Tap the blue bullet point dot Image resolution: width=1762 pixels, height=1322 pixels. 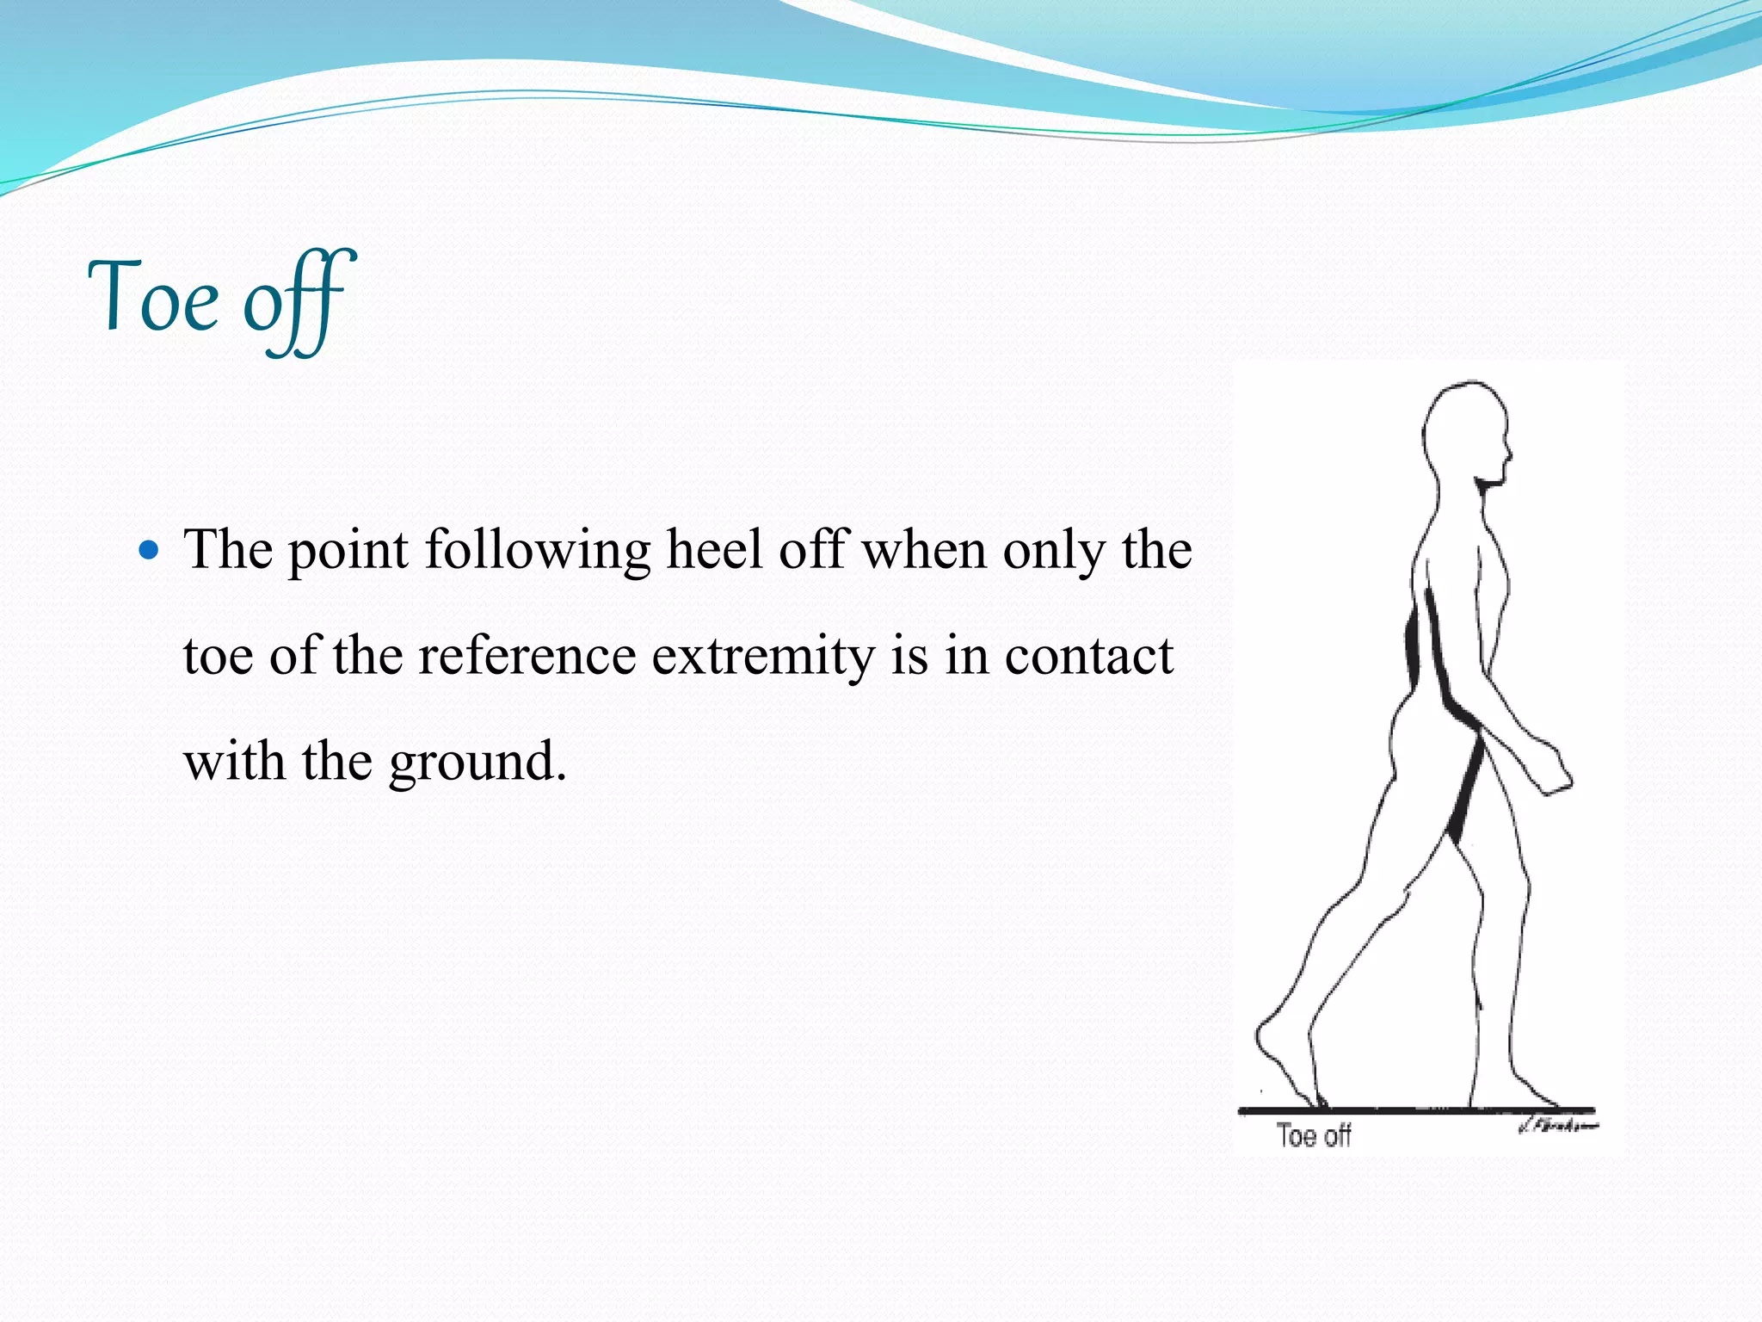click(149, 550)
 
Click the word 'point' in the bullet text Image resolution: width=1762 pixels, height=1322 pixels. click(348, 552)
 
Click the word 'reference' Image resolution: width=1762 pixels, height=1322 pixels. click(527, 656)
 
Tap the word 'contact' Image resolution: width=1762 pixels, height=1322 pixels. click(1088, 656)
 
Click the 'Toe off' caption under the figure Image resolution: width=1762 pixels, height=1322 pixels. click(1313, 1136)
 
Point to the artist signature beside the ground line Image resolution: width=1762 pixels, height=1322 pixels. click(1558, 1126)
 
